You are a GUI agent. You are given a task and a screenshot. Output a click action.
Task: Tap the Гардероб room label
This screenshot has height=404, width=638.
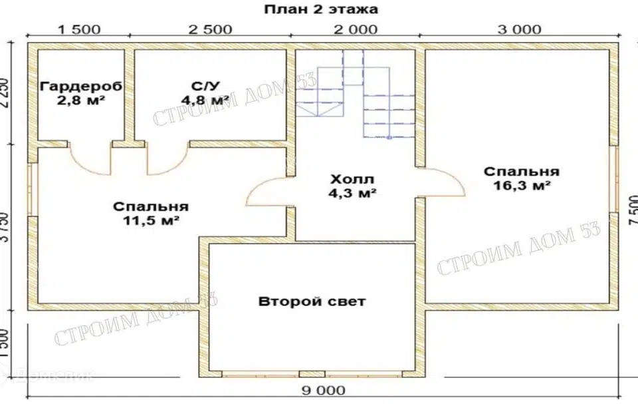74,87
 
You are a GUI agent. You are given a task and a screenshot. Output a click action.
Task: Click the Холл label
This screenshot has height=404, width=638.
352,180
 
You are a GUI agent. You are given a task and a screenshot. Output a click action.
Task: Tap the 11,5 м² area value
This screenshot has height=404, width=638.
150,221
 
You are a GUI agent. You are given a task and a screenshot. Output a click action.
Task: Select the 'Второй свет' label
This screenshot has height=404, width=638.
312,302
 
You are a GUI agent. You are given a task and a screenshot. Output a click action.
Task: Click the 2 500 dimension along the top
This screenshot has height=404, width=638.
210,29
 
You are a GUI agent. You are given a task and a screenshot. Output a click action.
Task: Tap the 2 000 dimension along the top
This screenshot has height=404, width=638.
356,29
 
